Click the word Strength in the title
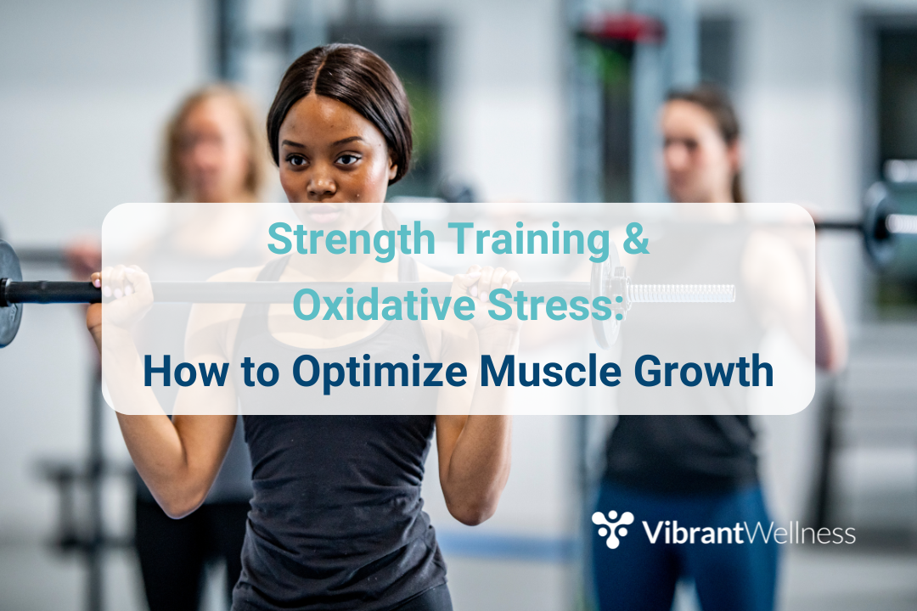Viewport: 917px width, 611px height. click(351, 239)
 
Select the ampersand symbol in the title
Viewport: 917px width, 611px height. click(636, 238)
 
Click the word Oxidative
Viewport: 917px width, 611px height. click(384, 305)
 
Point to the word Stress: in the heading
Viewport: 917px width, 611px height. click(555, 305)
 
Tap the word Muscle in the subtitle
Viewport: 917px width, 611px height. click(549, 371)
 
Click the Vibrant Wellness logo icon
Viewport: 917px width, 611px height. click(612, 529)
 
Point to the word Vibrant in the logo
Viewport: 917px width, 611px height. click(693, 532)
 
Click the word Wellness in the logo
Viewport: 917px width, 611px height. click(800, 533)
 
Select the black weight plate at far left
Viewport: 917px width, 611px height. click(9, 292)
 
